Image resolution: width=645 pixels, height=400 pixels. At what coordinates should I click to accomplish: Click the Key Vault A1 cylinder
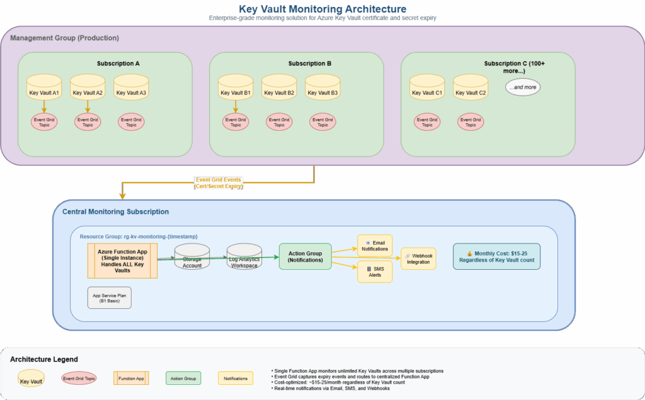44,91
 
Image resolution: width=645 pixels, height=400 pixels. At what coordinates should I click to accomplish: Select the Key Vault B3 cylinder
322,91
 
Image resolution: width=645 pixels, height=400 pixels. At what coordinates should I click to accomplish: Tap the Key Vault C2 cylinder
471,91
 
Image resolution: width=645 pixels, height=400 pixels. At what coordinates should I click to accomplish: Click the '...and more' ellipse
523,87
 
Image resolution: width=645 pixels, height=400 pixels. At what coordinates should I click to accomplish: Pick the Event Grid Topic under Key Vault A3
131,122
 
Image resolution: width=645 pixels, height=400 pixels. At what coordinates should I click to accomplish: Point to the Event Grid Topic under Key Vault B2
279,122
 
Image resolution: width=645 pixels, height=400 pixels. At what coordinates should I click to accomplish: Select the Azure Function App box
122,260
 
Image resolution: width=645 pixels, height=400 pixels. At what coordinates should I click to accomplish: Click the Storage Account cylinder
192,257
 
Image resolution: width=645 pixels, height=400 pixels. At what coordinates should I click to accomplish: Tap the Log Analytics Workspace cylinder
244,257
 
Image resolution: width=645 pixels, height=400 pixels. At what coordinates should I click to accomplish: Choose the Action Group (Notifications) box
305,257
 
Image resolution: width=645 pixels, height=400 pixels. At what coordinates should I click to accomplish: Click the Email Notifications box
375,245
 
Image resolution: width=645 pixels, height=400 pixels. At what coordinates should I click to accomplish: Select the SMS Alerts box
375,271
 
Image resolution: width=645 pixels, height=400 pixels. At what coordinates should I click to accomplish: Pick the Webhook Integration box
418,258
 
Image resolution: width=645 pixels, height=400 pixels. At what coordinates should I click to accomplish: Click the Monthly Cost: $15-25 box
496,257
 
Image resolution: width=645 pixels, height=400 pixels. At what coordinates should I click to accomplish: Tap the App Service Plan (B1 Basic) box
110,297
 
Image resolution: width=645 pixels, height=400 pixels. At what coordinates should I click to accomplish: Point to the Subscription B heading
309,64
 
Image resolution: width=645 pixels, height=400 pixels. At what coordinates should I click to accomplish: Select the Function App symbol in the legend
131,378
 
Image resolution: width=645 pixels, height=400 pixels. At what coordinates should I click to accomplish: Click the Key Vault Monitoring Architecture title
322,9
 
